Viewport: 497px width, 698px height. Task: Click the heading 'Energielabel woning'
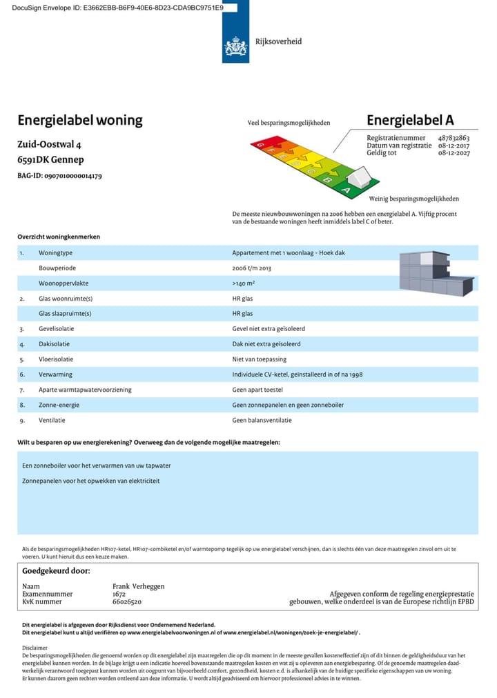point(80,120)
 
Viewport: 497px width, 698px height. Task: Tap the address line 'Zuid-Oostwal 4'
point(49,145)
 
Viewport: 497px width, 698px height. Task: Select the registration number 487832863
point(454,138)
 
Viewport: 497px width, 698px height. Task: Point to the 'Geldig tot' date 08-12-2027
point(454,153)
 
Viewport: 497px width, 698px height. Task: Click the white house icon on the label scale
point(359,179)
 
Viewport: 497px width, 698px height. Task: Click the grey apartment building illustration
point(435,274)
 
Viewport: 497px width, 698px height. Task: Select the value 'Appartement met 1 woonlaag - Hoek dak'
point(289,253)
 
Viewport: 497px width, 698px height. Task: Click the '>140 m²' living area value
point(244,283)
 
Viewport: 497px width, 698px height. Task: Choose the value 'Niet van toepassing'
point(259,359)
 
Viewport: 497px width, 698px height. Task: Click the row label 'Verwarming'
point(55,375)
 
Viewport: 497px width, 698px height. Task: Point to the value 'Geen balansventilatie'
point(262,420)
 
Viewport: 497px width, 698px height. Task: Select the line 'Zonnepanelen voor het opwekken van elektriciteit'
point(91,481)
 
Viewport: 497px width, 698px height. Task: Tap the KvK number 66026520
point(127,601)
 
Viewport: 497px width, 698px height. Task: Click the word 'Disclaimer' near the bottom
point(35,648)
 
